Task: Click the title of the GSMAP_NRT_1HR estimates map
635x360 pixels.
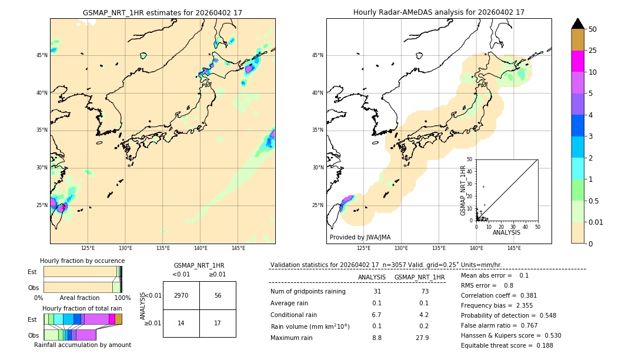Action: point(162,12)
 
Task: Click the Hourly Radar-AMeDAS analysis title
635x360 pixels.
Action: point(439,12)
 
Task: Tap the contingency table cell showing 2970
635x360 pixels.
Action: point(181,295)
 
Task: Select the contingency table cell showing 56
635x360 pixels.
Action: point(218,295)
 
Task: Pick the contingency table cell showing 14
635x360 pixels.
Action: point(181,323)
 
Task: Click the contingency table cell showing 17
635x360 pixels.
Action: point(218,323)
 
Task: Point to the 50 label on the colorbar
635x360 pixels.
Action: point(593,29)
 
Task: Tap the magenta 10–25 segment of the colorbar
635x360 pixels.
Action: point(577,61)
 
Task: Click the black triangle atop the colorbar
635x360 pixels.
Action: point(577,24)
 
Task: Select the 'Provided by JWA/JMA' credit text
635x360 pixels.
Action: point(360,238)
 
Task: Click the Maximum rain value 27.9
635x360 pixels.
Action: point(422,338)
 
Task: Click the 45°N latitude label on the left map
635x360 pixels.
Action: point(42,55)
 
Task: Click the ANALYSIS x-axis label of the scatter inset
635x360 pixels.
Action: point(506,232)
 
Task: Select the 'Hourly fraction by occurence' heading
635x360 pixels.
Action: point(82,261)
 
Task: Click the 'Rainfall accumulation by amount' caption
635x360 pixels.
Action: point(82,345)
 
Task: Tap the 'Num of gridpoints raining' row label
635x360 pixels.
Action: point(308,292)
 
